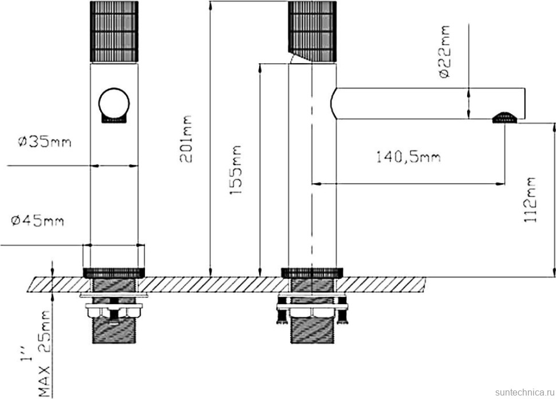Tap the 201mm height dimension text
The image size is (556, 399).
point(187,138)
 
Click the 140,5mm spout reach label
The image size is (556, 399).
point(408,157)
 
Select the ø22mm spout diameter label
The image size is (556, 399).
point(444,52)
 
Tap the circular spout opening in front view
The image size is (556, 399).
point(114,104)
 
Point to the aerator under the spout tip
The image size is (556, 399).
point(505,117)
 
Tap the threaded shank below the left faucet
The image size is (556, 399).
point(114,330)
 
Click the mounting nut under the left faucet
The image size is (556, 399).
point(114,311)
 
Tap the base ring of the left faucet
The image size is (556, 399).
point(114,272)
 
